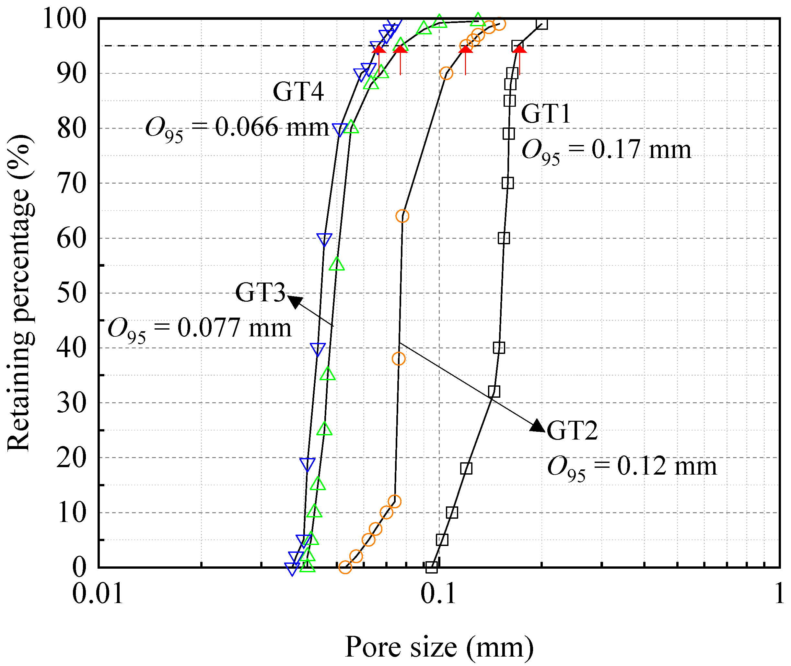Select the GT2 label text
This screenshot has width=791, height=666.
coord(572,430)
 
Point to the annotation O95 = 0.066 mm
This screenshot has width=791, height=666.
coord(237,129)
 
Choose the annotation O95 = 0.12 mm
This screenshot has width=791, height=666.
coord(632,468)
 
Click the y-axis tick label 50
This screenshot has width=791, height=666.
coord(72,293)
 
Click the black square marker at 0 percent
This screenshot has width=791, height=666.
coord(432,567)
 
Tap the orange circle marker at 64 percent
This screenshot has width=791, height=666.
coord(402,216)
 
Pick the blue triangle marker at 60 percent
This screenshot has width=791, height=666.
coord(324,239)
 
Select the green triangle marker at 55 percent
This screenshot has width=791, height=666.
coord(337,264)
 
